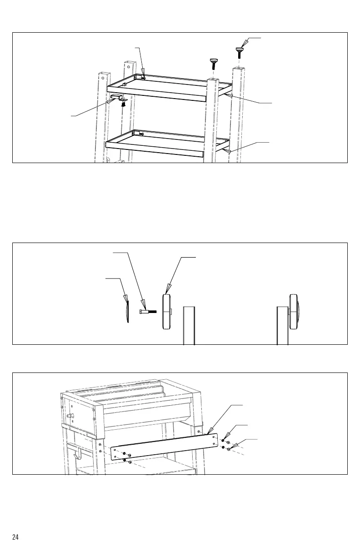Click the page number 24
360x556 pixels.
coord(15,537)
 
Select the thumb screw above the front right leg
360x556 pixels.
coord(213,62)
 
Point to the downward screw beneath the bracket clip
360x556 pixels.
coord(123,105)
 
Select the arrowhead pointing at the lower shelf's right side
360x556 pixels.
coord(230,149)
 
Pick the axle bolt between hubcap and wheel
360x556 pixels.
coord(148,312)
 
